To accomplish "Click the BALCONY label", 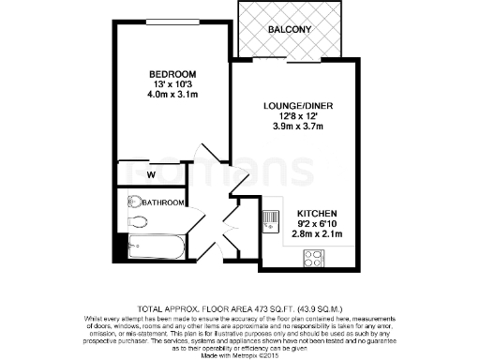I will [291, 30].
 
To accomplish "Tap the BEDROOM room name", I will [172, 75].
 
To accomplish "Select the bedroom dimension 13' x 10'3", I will [172, 85].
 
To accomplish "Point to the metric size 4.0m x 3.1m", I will [172, 97].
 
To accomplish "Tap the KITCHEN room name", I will [318, 214].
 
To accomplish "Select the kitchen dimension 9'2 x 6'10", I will [318, 224].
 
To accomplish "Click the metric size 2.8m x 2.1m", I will [318, 235].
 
